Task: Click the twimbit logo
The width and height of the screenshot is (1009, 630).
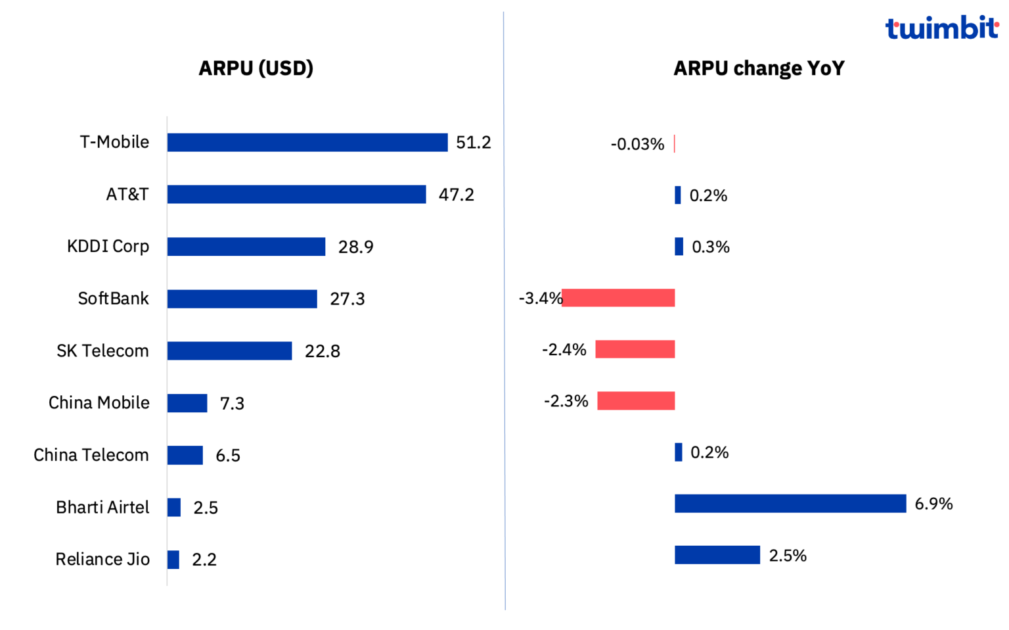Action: [x=941, y=28]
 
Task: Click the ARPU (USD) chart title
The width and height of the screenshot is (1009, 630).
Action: [x=256, y=68]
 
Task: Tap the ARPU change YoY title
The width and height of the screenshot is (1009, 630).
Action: [x=759, y=68]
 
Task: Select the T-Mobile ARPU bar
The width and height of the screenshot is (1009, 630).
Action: [x=307, y=142]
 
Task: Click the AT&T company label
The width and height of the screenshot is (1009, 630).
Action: [x=127, y=195]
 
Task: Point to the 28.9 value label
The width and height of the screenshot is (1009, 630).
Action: [x=355, y=247]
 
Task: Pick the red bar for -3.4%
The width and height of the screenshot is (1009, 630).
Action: [x=618, y=298]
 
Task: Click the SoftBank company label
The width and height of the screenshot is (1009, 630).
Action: [x=114, y=299]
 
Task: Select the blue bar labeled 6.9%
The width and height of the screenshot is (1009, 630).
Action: [x=790, y=504]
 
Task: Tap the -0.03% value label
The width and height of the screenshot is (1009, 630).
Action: [x=637, y=144]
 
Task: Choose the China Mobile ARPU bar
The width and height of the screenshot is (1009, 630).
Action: [x=187, y=403]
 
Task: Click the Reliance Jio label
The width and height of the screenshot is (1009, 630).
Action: [x=102, y=560]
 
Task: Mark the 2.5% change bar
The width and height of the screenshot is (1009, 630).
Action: [x=717, y=555]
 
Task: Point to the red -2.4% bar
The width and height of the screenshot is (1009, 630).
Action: [x=635, y=349]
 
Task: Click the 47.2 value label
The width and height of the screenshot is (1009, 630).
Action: [x=456, y=195]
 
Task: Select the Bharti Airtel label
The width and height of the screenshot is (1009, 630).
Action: [x=102, y=508]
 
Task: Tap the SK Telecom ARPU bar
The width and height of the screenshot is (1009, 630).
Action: [x=229, y=351]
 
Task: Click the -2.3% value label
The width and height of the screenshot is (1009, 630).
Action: [x=566, y=401]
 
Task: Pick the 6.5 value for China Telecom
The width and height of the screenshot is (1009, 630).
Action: [x=228, y=455]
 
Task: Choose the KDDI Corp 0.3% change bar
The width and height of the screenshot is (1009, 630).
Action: [x=679, y=247]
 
